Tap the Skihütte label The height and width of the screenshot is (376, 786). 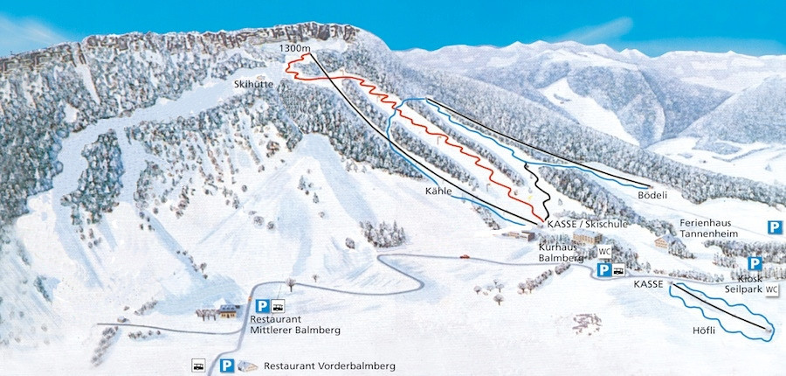click(254, 84)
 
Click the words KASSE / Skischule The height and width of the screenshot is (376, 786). click(587, 225)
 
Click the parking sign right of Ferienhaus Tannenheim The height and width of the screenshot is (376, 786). click(775, 227)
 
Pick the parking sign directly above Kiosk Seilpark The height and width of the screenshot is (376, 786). click(755, 263)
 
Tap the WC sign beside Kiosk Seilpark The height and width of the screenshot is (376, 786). click(772, 289)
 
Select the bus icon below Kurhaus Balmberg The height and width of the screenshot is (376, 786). click(617, 271)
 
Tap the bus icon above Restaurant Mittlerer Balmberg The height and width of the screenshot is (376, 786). click(279, 306)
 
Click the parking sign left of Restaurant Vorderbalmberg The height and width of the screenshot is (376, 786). click(227, 366)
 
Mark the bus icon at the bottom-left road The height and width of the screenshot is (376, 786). click(199, 365)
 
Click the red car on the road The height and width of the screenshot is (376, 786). click(463, 257)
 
